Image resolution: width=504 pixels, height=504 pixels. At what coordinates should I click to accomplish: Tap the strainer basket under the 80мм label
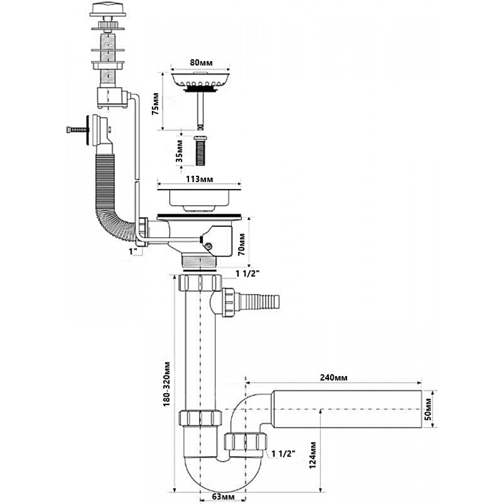coord(200,80)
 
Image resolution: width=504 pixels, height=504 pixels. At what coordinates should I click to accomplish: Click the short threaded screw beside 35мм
coord(201,149)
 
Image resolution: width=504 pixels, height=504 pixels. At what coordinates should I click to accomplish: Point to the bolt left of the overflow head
coord(75,130)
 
